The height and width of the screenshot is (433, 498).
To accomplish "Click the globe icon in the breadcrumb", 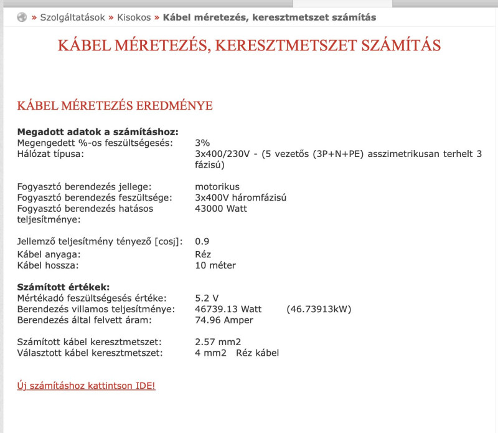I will click(x=22, y=17).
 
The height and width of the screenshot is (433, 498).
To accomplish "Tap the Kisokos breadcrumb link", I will click(x=134, y=17).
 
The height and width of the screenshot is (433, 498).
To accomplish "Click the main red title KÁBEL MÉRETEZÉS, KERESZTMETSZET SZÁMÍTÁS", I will click(x=249, y=45).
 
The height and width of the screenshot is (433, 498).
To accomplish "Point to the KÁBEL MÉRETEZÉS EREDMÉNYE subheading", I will click(x=115, y=105).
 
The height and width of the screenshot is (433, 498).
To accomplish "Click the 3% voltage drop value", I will click(x=202, y=143).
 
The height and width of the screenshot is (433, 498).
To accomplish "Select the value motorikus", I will click(x=217, y=187).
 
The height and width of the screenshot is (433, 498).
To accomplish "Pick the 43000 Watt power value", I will click(x=221, y=209).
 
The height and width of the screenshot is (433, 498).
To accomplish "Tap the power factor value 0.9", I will click(x=202, y=241).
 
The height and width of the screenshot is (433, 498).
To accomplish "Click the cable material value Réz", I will click(x=203, y=254).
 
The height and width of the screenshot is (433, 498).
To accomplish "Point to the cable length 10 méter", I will click(x=215, y=265).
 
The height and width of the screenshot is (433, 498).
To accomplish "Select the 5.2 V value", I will click(x=207, y=298).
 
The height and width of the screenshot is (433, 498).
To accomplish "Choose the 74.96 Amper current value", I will click(x=224, y=320).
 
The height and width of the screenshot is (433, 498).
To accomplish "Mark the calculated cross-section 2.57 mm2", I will click(x=218, y=342).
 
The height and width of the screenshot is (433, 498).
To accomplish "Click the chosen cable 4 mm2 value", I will click(x=209, y=353).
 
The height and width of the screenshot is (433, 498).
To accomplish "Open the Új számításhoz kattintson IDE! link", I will click(x=86, y=386).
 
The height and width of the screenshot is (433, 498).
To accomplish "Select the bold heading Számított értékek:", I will click(x=63, y=287).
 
